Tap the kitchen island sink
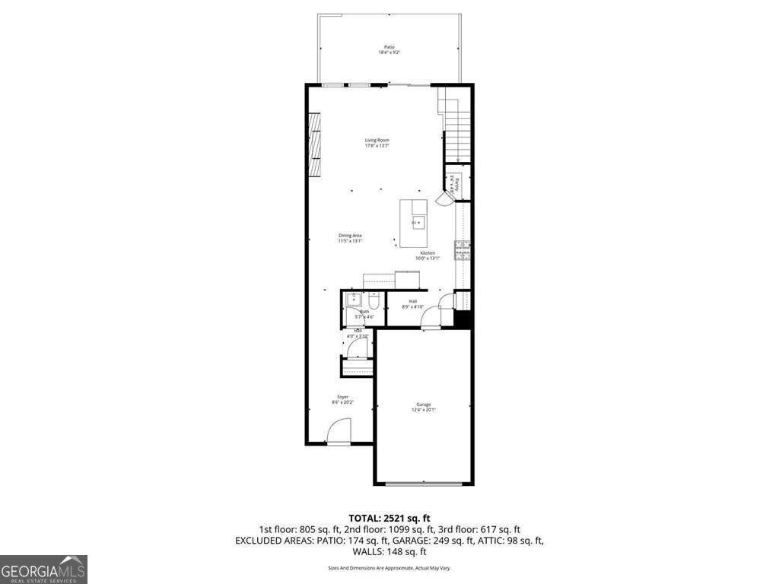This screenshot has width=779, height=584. click(x=417, y=222)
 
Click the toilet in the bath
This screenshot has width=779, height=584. click(x=363, y=301)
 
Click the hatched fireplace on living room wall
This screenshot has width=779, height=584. click(x=313, y=144)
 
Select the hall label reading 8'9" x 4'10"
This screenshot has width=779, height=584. click(x=412, y=304)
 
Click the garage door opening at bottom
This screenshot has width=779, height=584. click(x=423, y=484)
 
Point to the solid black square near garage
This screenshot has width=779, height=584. click(x=463, y=319)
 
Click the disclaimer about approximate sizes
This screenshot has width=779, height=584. click(x=389, y=568)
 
